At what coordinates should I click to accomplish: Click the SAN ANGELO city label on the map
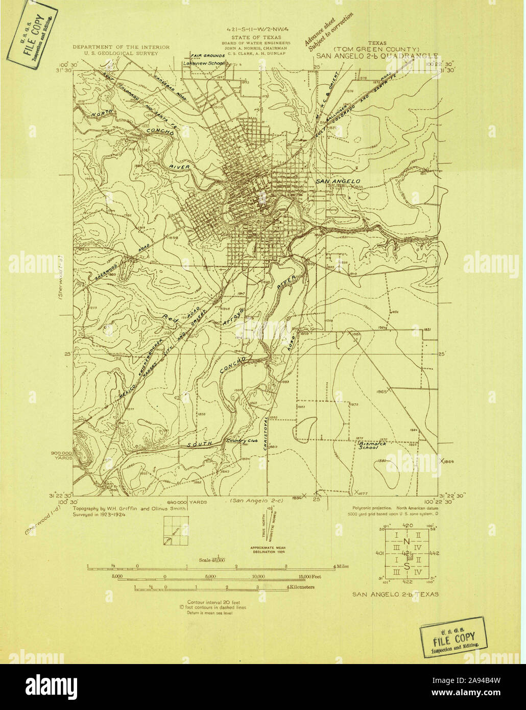(338, 181)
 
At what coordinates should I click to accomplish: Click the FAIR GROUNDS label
(208, 55)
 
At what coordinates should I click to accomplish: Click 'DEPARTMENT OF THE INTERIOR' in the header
(121, 47)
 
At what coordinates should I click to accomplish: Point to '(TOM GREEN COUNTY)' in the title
(377, 49)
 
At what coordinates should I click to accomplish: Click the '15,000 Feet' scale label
(310, 576)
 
